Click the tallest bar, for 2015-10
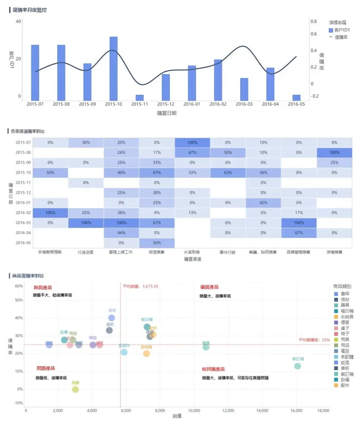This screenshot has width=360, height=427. tap(113, 68)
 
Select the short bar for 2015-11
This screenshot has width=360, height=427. tap(140, 97)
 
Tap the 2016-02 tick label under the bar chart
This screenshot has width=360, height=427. tap(218, 104)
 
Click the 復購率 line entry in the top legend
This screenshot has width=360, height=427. tap(341, 37)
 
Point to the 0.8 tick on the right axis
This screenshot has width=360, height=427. tap(313, 21)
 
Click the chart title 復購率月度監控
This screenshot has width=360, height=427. tap(30, 10)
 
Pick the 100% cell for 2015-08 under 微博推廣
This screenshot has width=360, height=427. tap(334, 153)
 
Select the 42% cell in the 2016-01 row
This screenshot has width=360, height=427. tap(263, 203)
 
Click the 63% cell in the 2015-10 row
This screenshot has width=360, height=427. tap(228, 173)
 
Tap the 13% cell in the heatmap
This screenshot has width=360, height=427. tap(192, 213)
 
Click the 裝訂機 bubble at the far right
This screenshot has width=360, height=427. tap(297, 366)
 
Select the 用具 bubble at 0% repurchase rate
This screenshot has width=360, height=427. tap(76, 389)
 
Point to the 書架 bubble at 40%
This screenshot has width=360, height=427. tap(112, 318)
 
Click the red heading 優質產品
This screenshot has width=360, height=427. tap(209, 287)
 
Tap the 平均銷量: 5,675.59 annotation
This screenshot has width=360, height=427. tap(141, 287)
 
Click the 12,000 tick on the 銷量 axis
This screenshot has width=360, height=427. tap(228, 411)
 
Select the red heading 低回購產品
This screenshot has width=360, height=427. tap(213, 369)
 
